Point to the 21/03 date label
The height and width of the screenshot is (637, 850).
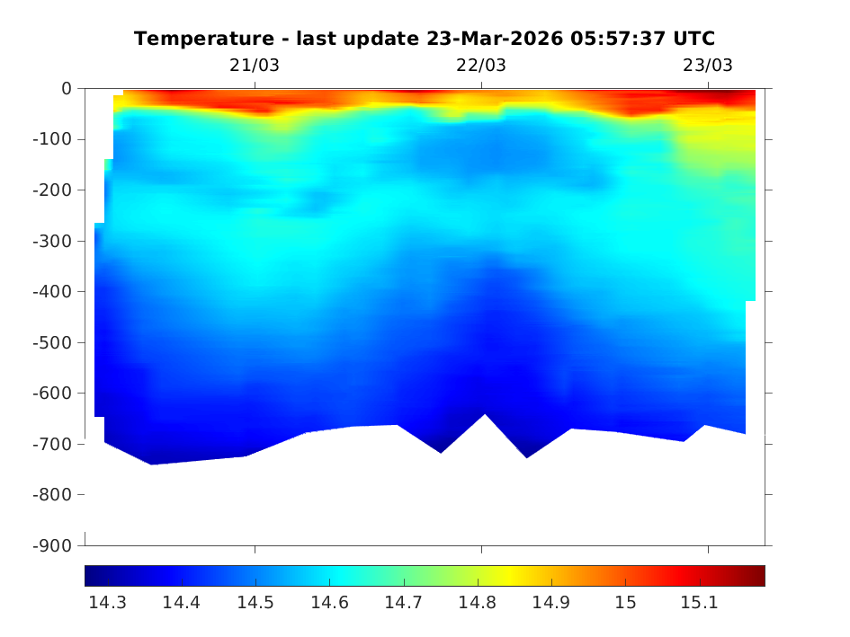pyautogui.click(x=255, y=66)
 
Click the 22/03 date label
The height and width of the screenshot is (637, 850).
pyautogui.click(x=481, y=66)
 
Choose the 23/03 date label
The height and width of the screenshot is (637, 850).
pyautogui.click(x=708, y=66)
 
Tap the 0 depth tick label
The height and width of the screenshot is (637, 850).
pyautogui.click(x=67, y=88)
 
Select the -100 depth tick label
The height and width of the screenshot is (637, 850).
pyautogui.click(x=53, y=139)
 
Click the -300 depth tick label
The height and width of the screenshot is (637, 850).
pyautogui.click(x=53, y=241)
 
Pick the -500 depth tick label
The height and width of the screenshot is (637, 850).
pyautogui.click(x=53, y=342)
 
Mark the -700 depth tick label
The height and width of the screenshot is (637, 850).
pyautogui.click(x=53, y=444)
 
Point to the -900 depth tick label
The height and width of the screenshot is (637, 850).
pyautogui.click(x=53, y=545)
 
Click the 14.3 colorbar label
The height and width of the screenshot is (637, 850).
pyautogui.click(x=107, y=603)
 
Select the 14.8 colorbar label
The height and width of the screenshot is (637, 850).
pyautogui.click(x=477, y=603)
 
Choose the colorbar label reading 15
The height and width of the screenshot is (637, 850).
pyautogui.click(x=625, y=603)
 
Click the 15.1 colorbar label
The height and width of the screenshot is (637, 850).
pyautogui.click(x=699, y=603)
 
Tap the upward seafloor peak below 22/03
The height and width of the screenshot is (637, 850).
pyautogui.click(x=485, y=416)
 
